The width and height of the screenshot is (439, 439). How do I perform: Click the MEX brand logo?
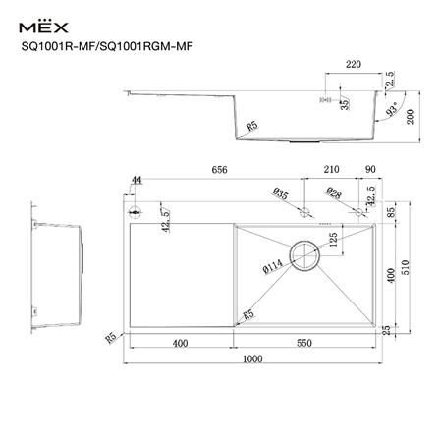click(50, 21)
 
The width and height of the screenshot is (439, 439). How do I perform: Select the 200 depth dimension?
click(412, 118)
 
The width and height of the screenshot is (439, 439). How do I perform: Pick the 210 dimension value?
click(331, 170)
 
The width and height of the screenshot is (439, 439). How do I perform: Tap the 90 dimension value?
click(368, 170)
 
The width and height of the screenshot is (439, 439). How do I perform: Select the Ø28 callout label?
click(334, 193)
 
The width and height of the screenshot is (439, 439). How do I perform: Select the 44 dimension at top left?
click(136, 180)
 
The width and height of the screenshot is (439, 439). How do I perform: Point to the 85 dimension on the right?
click(392, 211)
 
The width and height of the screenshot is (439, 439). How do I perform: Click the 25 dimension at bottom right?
click(390, 329)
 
